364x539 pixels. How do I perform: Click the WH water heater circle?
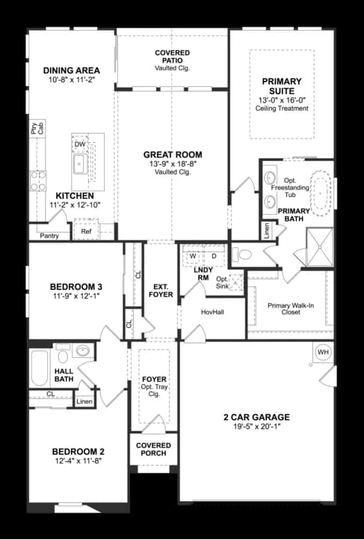click(323, 353)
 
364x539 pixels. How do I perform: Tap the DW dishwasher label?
click(80, 144)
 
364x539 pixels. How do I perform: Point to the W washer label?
click(193, 256)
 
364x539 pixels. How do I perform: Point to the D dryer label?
click(214, 256)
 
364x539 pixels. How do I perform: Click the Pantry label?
click(49, 236)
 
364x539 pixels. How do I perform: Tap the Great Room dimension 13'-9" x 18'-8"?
click(173, 164)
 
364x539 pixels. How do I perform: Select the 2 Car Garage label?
click(256, 417)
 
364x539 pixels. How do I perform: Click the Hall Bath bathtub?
click(40, 368)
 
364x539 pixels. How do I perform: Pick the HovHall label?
click(212, 312)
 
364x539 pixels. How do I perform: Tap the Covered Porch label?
click(153, 449)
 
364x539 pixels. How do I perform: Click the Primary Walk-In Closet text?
click(291, 308)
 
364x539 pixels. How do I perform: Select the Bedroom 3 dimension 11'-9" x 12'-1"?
click(76, 296)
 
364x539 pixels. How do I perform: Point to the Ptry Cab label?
click(37, 129)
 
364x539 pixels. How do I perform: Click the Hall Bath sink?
click(83, 350)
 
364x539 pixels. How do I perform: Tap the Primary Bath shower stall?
click(319, 246)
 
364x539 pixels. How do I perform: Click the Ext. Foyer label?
click(161, 290)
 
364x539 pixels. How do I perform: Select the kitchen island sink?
click(80, 164)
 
